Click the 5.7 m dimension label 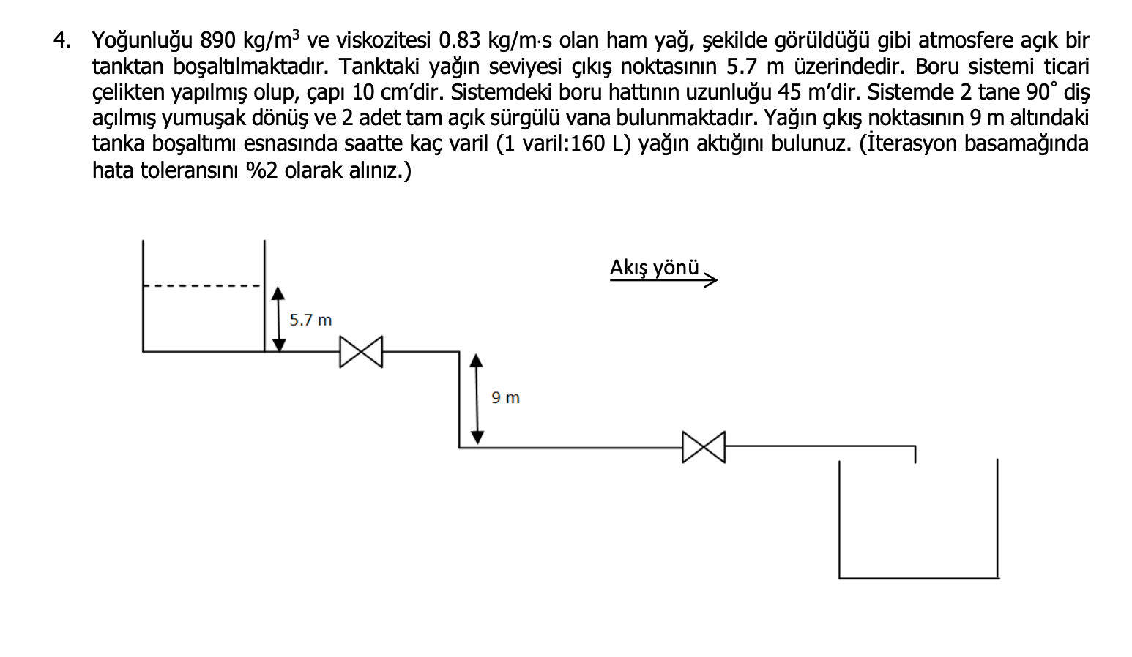310,320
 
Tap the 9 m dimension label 505,398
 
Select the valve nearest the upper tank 361,352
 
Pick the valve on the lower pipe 704,447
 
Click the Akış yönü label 654,268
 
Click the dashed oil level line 201,285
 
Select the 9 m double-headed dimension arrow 477,399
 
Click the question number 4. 62,40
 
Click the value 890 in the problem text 217,40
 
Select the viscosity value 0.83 459,40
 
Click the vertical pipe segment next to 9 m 459,399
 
